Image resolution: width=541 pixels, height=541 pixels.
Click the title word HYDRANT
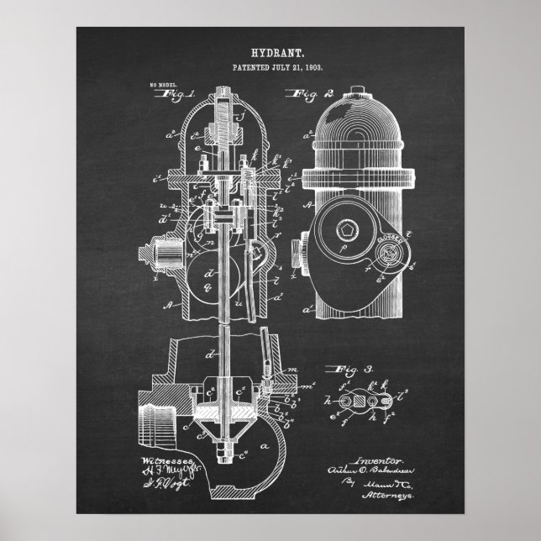coord(270,52)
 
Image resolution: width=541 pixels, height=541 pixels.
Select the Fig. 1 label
coord(179,95)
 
